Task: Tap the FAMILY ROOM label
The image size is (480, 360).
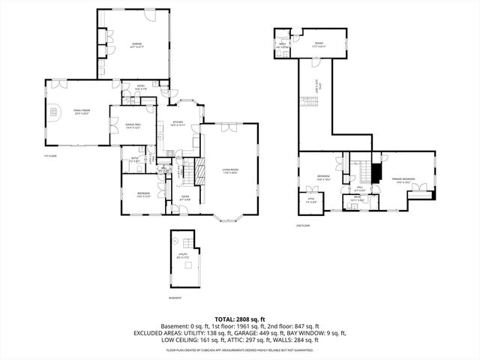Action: coord(82,112)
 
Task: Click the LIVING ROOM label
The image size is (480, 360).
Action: coord(229,171)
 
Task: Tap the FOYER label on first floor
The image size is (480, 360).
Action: coord(184,198)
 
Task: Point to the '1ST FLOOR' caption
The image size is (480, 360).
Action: coord(49,156)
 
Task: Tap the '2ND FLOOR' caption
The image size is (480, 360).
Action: coord(304,223)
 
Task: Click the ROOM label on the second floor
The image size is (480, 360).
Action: coord(318,45)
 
